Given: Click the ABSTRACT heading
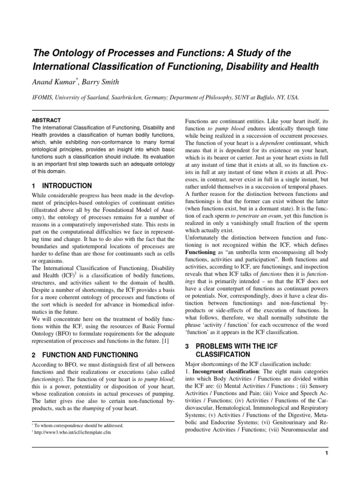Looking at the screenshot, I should tap(46, 120).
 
